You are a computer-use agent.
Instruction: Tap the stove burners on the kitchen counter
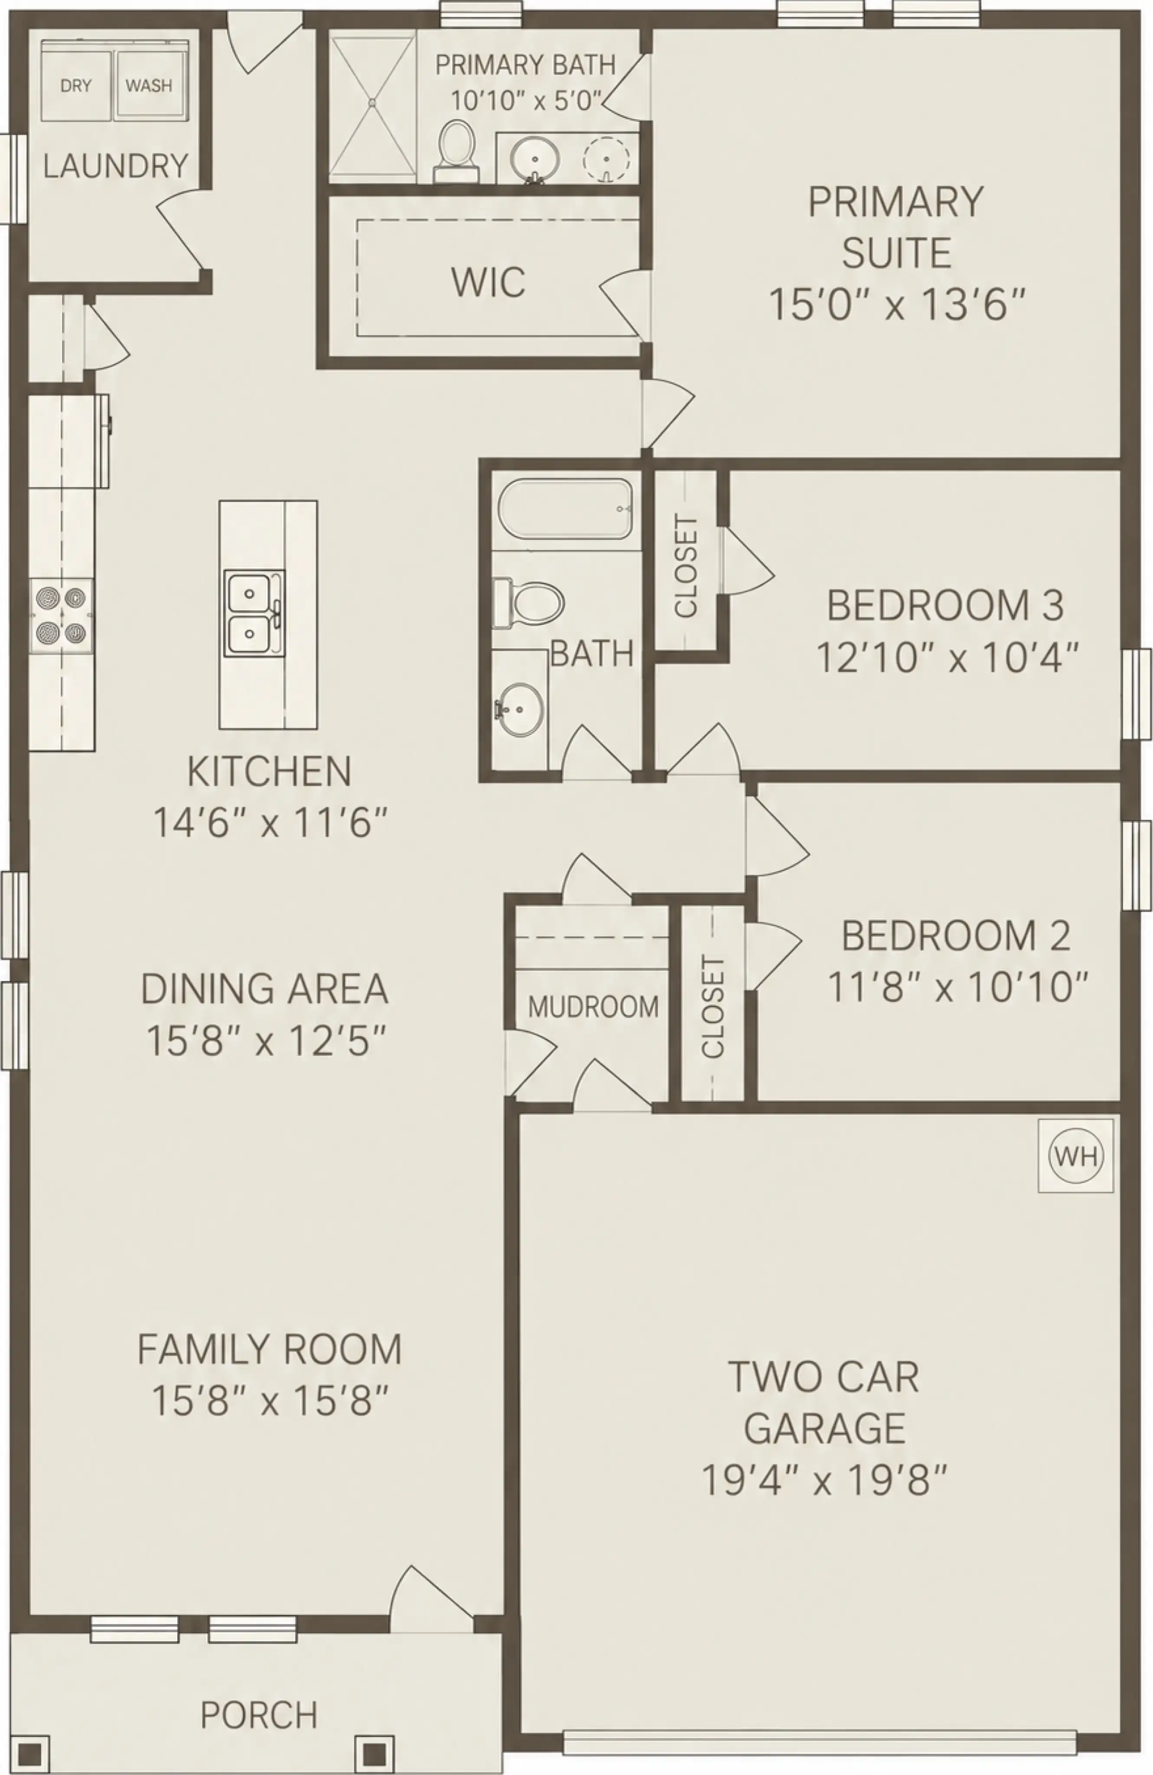pyautogui.click(x=61, y=615)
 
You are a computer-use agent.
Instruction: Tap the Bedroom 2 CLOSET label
pyautogui.click(x=713, y=1007)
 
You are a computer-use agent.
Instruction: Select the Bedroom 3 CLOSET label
pyautogui.click(x=685, y=566)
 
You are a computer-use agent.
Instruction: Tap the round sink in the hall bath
pyautogui.click(x=520, y=708)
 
